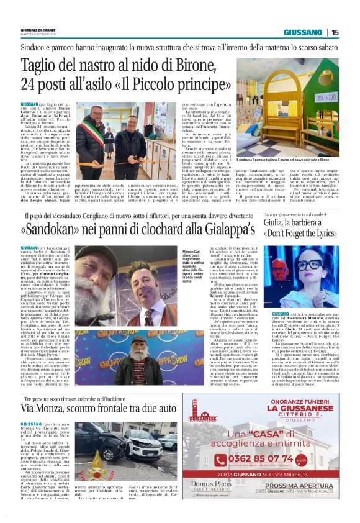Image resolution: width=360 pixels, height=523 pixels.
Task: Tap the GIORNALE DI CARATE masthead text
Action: [38, 29]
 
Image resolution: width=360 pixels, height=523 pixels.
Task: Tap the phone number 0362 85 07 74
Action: [278, 460]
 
